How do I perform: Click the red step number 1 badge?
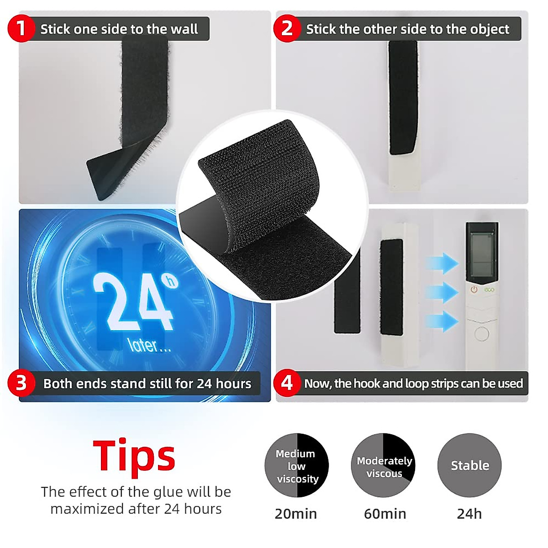[x=21, y=28]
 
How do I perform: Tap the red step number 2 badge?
[x=286, y=28]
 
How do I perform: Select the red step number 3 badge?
[x=21, y=383]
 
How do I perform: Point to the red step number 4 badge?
[x=286, y=383]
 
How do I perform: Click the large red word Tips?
[x=134, y=456]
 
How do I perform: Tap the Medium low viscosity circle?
[x=297, y=466]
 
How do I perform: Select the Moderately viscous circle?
[x=384, y=466]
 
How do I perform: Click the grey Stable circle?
[x=469, y=465]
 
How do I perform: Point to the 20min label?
[x=296, y=514]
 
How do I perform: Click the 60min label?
[x=385, y=514]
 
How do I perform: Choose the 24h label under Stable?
[x=469, y=514]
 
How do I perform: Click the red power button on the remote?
[x=474, y=290]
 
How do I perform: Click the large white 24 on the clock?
[x=132, y=301]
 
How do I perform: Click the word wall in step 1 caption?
[x=184, y=29]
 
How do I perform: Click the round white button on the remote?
[x=481, y=334]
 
